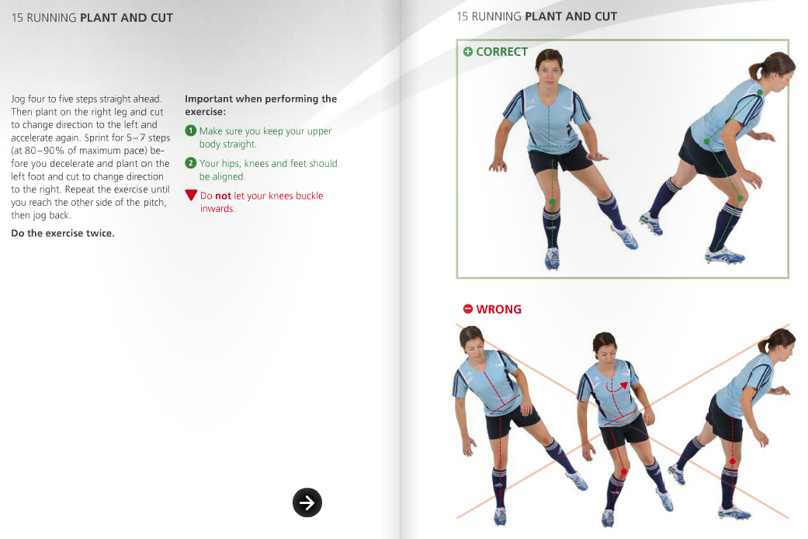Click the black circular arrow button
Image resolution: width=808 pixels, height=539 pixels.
pyautogui.click(x=307, y=502)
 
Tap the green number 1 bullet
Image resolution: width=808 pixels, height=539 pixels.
pyautogui.click(x=190, y=131)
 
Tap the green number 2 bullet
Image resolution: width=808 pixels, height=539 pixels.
pyautogui.click(x=190, y=163)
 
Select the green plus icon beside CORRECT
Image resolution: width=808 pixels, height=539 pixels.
pyautogui.click(x=467, y=52)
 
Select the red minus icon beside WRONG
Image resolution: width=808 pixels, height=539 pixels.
pyautogui.click(x=467, y=309)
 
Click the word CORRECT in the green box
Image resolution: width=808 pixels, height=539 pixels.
pyautogui.click(x=501, y=52)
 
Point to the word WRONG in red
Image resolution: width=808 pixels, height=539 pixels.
pyautogui.click(x=498, y=309)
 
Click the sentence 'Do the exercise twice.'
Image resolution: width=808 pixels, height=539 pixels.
pyautogui.click(x=62, y=233)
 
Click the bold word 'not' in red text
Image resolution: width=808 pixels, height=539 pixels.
pyautogui.click(x=223, y=196)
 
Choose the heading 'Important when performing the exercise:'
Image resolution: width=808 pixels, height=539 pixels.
pyautogui.click(x=260, y=105)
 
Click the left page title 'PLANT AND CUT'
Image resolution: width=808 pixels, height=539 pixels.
pyautogui.click(x=127, y=17)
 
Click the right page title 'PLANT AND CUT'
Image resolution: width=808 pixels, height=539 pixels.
pyautogui.click(x=571, y=16)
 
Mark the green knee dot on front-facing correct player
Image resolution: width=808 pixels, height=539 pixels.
pyautogui.click(x=552, y=202)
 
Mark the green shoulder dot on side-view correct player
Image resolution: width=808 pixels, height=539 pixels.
pyautogui.click(x=760, y=92)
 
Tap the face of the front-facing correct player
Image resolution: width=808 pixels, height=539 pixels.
pyautogui.click(x=548, y=71)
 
